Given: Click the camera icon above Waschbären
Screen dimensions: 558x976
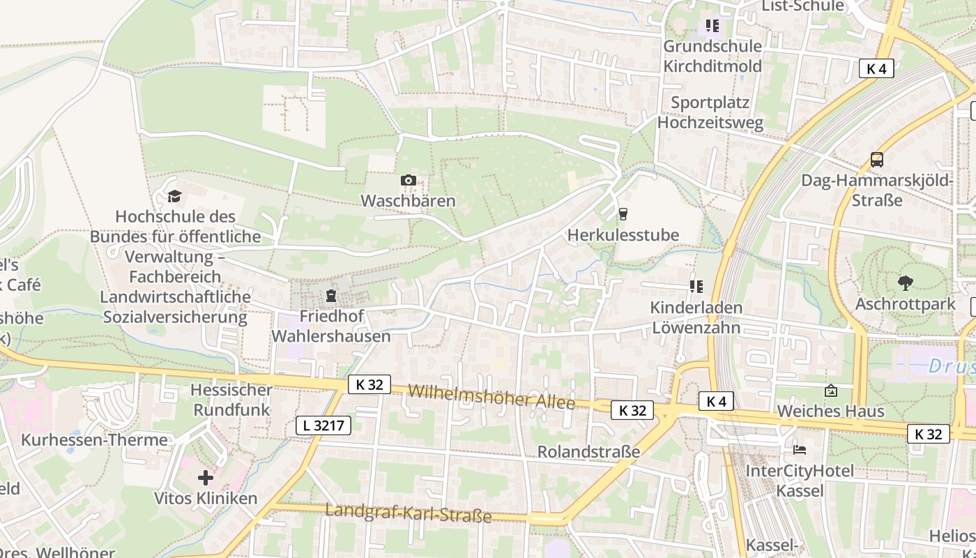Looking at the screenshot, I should click(x=409, y=181).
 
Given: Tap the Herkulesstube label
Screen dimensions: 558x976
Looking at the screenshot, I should click(x=623, y=235).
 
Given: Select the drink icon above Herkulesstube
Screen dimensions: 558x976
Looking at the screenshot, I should click(x=623, y=214).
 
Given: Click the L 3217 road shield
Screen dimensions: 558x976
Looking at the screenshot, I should click(x=323, y=425).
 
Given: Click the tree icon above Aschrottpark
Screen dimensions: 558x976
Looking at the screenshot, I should click(x=905, y=282).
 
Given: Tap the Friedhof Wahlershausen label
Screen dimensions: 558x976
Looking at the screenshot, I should click(x=330, y=326).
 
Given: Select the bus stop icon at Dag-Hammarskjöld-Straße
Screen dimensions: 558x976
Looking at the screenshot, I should click(x=876, y=160).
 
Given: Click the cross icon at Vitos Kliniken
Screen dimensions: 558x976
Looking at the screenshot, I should click(x=205, y=478).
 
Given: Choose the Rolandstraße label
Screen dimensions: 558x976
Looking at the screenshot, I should click(x=588, y=452).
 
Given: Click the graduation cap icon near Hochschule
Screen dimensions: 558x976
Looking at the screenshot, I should click(x=174, y=196).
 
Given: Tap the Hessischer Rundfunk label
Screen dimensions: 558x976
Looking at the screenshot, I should click(x=231, y=400).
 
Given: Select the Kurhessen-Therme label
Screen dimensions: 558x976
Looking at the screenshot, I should click(x=94, y=440).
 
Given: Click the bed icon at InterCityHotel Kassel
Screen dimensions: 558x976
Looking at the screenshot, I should click(x=799, y=449).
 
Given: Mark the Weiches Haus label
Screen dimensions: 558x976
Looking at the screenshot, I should click(x=830, y=411).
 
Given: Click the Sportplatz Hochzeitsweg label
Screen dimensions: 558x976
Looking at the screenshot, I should click(x=710, y=112).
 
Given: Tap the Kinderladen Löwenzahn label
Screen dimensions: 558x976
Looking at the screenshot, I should click(x=696, y=317).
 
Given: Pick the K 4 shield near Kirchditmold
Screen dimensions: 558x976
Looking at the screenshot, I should click(x=876, y=68).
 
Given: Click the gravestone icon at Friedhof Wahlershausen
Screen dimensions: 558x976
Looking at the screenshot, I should click(x=330, y=296).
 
